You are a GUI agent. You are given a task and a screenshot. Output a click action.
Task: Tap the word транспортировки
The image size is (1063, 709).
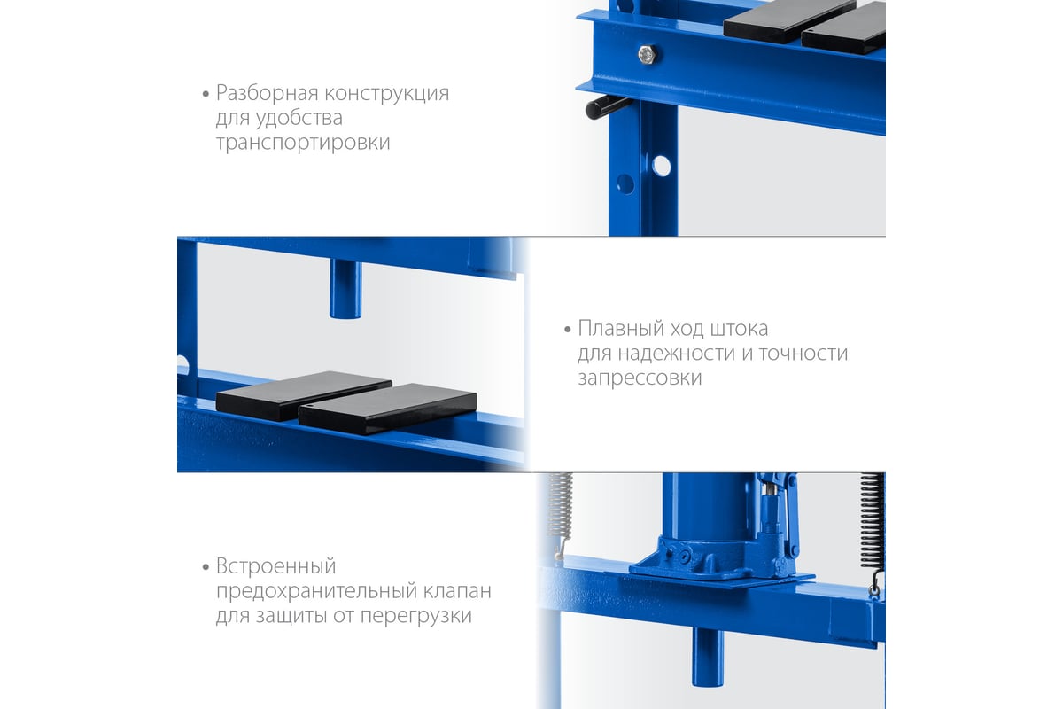pyautogui.click(x=303, y=143)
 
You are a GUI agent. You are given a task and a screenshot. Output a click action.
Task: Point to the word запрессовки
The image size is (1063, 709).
pyautogui.click(x=640, y=378)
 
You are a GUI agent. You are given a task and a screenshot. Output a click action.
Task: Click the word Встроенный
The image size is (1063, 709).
pyautogui.click(x=275, y=566)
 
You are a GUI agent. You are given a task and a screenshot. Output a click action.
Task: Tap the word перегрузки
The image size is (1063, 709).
pyautogui.click(x=415, y=616)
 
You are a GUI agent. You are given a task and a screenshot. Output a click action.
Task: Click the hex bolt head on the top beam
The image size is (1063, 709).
pyautogui.click(x=647, y=54)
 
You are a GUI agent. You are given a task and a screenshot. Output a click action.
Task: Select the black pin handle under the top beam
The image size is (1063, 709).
pyautogui.click(x=608, y=107)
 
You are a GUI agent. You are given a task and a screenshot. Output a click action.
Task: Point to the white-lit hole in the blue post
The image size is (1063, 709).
pyautogui.click(x=661, y=167)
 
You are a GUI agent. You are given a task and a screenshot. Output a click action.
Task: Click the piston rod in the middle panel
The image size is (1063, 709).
pyautogui.click(x=345, y=289)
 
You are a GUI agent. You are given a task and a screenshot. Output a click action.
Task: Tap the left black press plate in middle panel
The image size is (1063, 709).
pyautogui.click(x=303, y=395)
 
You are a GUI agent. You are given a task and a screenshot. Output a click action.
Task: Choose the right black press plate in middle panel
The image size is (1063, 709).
pyautogui.click(x=387, y=409)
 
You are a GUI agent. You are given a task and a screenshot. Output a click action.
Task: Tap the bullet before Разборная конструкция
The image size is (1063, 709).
pyautogui.click(x=206, y=94)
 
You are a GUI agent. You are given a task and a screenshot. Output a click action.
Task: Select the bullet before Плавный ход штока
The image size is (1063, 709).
pyautogui.click(x=567, y=330)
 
